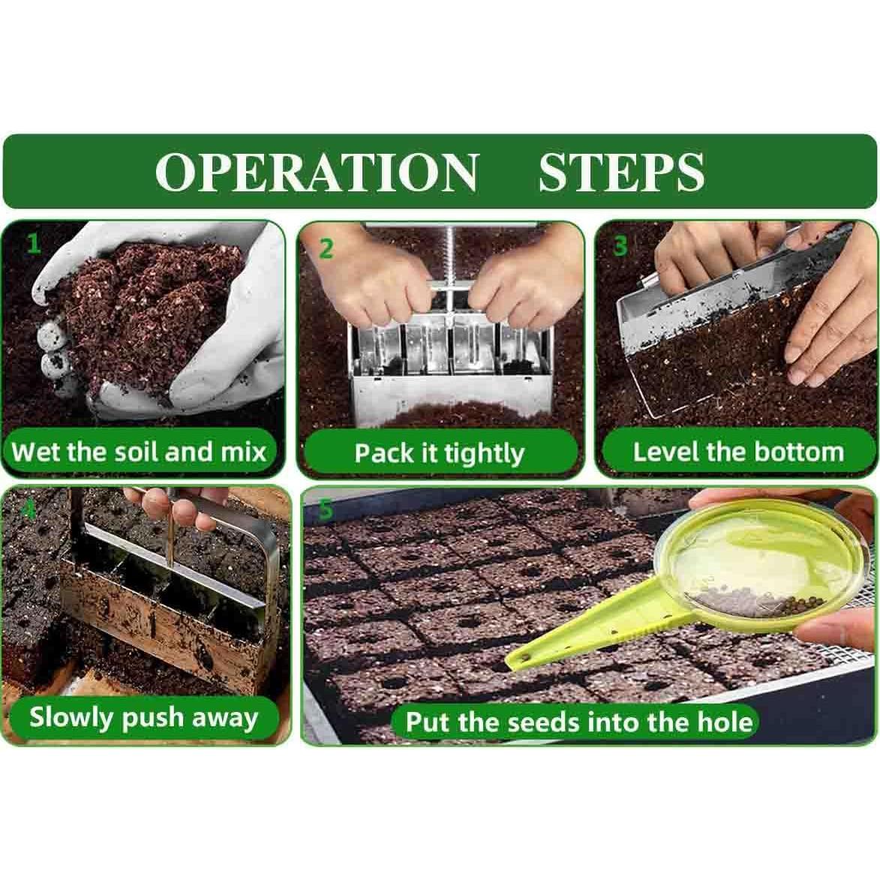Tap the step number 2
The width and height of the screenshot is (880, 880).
click(x=326, y=248)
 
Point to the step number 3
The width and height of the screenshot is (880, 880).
click(x=620, y=245)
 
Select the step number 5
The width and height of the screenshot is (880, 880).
click(x=325, y=509)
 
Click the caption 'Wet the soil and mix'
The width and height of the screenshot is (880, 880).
click(x=140, y=452)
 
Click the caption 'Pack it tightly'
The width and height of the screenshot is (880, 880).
click(x=439, y=453)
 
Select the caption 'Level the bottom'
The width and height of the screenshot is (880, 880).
click(x=738, y=452)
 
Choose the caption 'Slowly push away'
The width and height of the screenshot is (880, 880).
click(x=143, y=716)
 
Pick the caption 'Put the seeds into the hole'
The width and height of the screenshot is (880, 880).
click(x=578, y=722)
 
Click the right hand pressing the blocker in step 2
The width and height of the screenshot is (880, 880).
click(x=518, y=284)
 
